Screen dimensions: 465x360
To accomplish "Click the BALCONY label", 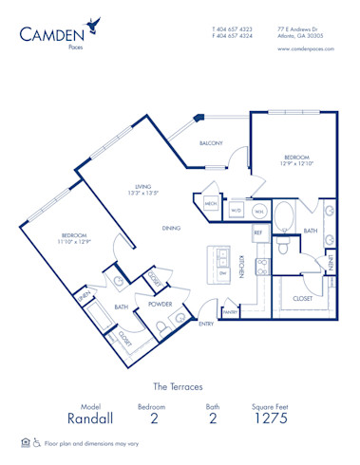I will (x=210, y=143).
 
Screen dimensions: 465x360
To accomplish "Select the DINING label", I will (x=171, y=228).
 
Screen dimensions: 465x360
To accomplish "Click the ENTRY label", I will (x=206, y=325).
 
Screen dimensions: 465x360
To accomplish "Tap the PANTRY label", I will (x=229, y=311).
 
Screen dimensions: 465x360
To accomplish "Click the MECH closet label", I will (x=212, y=203).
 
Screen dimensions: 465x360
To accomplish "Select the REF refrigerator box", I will (x=256, y=232).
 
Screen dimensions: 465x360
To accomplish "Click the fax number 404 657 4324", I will (x=233, y=36).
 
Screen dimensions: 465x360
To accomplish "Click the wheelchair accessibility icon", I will (x=38, y=442).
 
